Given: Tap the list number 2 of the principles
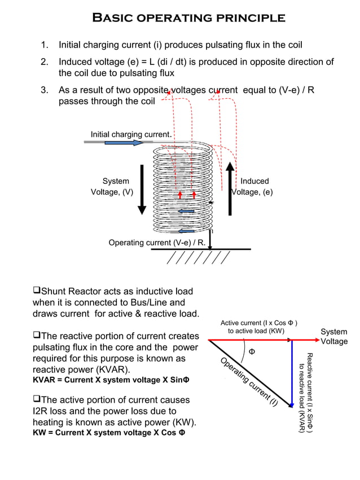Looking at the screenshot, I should coord(44,61).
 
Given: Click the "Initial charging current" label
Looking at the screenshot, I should coord(130,134).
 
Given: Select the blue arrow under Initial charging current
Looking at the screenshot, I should coord(124,143).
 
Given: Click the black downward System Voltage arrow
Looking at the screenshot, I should coord(142,190).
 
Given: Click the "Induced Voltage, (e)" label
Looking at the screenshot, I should coord(253,187).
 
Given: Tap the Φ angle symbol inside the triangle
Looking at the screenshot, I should coord(252,352).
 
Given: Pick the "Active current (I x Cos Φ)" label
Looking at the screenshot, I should coord(259,327).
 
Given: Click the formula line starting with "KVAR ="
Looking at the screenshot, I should coord(110,380).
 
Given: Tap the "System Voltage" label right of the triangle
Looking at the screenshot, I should coord(333,337).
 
